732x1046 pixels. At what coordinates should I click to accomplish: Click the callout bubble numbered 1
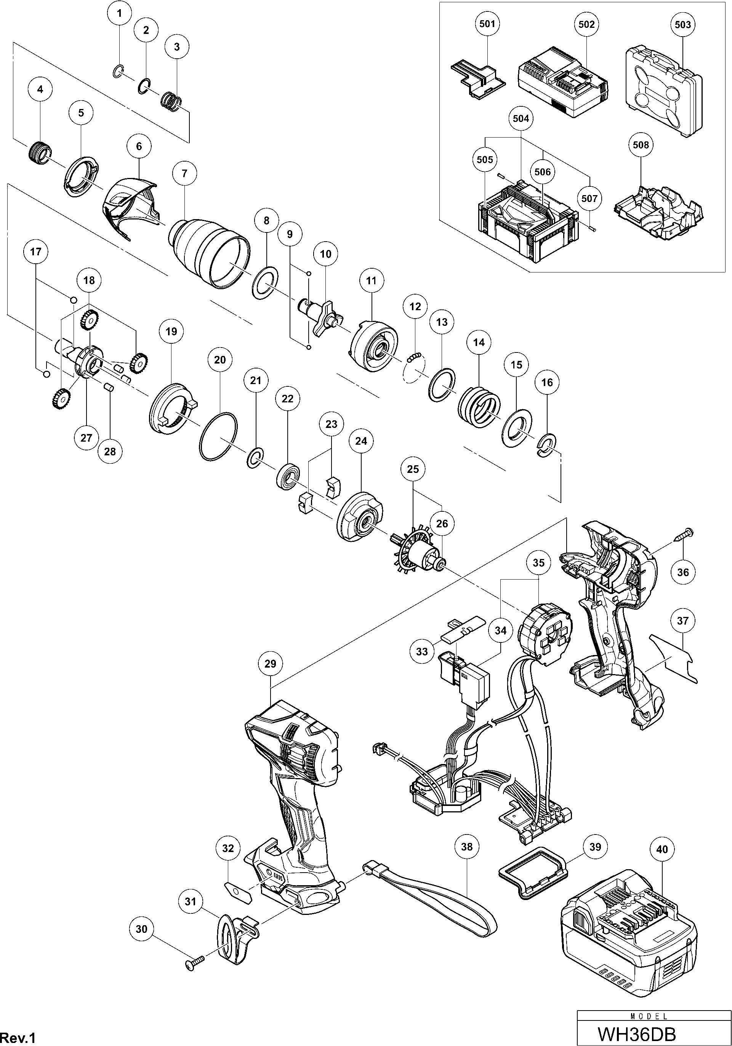point(119,14)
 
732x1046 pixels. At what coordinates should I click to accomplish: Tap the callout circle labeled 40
point(662,849)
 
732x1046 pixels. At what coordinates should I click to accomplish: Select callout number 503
point(682,25)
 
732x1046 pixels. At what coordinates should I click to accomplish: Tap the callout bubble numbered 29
point(270,664)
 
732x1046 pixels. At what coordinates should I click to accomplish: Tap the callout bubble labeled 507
point(589,198)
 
